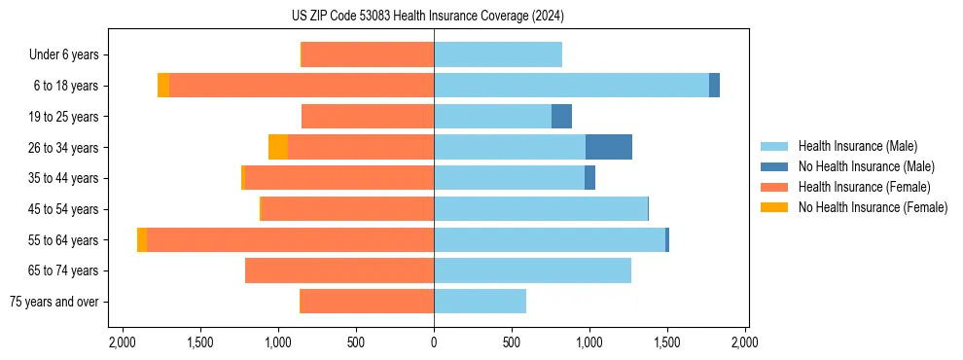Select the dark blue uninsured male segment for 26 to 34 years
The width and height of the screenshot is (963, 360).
point(609,147)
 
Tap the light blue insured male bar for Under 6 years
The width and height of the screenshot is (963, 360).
point(498,54)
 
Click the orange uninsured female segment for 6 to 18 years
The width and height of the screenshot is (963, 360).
point(163,86)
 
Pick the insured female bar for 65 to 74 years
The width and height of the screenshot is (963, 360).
point(339,270)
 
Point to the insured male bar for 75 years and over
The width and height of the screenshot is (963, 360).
point(480,302)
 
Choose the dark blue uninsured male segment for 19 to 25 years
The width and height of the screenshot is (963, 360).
point(561,117)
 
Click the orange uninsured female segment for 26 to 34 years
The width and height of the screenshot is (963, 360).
point(278,147)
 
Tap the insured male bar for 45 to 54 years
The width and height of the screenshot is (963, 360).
point(541,209)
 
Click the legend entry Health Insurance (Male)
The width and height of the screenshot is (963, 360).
point(857,146)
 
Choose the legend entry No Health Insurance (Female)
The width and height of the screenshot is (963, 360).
point(873,207)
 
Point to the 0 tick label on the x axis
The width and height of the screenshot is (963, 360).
point(434,342)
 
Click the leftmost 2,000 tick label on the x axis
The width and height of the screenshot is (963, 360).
point(122,342)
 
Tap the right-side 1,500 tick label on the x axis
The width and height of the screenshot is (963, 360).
point(666,342)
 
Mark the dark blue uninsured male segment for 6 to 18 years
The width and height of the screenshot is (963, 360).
point(714,86)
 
